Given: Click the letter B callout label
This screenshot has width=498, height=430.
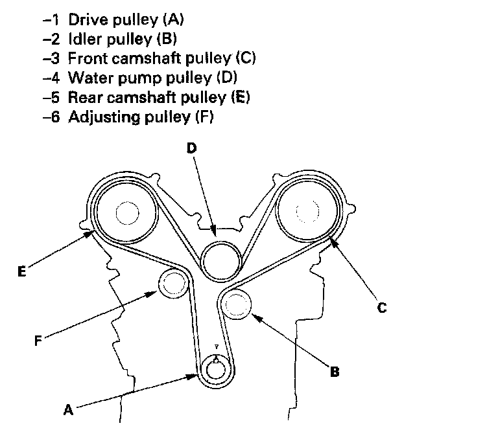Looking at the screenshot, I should (x=335, y=372).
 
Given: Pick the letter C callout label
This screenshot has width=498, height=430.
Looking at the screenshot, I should (x=382, y=308).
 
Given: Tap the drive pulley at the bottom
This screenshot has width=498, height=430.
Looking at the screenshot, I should (x=215, y=370).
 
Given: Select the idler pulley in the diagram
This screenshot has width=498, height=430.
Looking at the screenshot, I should (x=237, y=305).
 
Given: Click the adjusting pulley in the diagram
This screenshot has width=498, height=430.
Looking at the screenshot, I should (x=174, y=283).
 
